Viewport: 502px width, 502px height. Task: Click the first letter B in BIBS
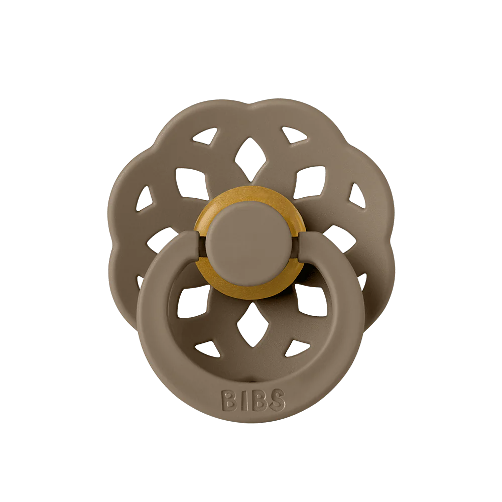tap(228, 400)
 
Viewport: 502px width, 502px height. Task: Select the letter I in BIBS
tap(243, 400)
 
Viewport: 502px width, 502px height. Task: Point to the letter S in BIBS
tap(276, 400)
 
